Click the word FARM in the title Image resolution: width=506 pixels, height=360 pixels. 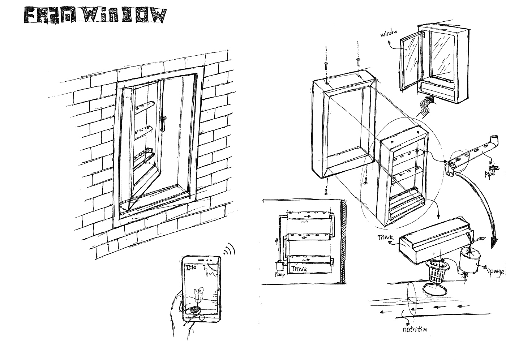click(46, 16)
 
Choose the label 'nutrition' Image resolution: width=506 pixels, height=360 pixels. click(415, 329)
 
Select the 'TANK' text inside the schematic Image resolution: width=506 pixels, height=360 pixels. click(300, 269)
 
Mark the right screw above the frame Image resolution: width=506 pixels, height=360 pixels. click(358, 61)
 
